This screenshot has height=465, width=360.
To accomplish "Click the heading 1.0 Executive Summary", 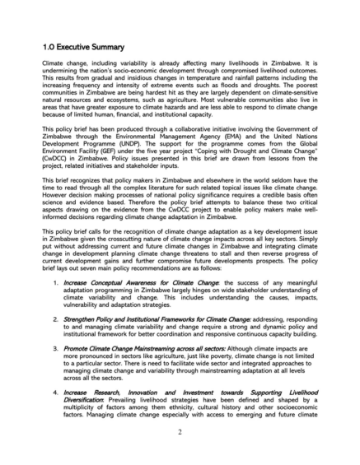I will tap(83, 47).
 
